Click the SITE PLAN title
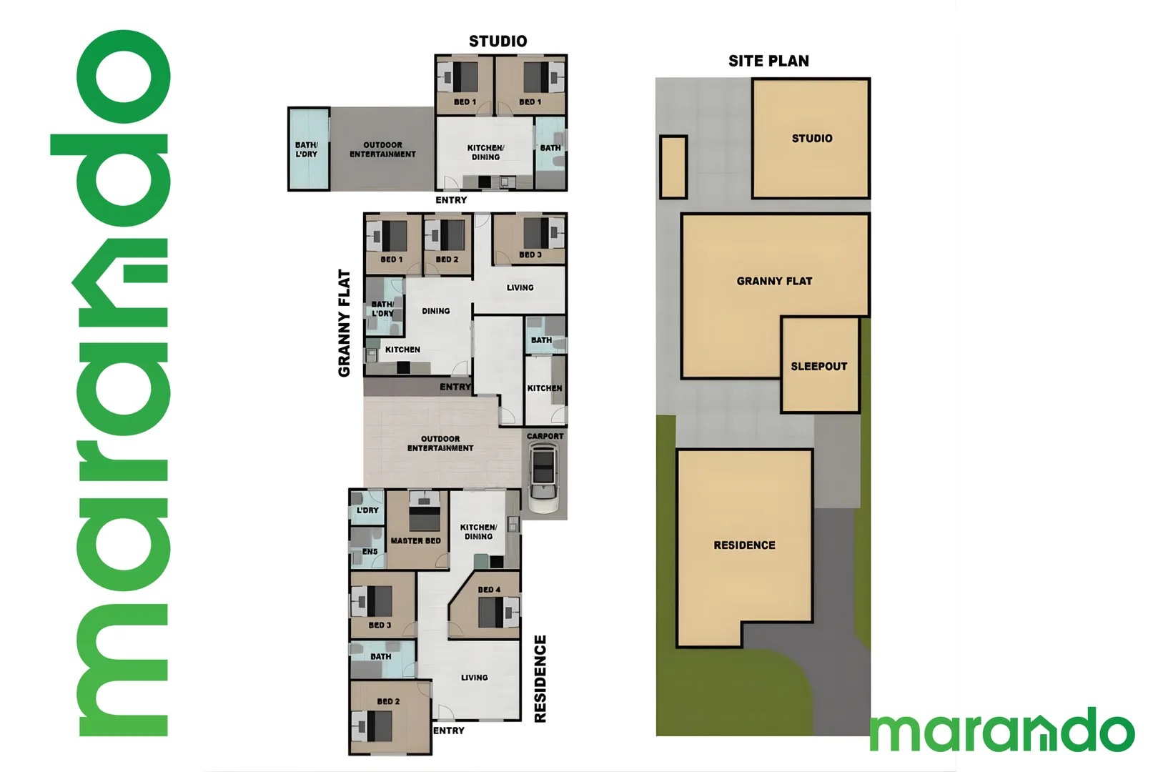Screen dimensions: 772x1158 [768, 61]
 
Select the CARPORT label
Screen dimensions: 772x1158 [545, 436]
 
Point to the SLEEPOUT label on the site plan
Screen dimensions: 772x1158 [818, 367]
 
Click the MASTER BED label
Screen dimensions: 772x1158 [415, 541]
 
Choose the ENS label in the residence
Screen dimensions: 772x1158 [370, 552]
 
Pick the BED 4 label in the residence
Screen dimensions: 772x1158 [489, 590]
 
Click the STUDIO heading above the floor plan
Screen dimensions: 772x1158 [498, 41]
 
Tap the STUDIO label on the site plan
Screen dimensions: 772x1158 [812, 139]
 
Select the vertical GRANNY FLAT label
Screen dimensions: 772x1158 [345, 322]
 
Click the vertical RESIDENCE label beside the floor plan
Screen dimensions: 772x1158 [540, 679]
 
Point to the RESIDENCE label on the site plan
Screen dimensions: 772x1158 [744, 545]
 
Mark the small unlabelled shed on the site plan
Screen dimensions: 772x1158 [673, 167]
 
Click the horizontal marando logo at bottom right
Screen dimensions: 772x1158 [1001, 731]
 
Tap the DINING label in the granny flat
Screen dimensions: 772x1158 [435, 311]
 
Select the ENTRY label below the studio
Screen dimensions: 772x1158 [451, 200]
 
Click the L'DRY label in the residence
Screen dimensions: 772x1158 [367, 510]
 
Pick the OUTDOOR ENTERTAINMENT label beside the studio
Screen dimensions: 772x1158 [382, 149]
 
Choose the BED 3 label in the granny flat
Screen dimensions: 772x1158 [530, 255]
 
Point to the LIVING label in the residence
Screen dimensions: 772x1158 [474, 678]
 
